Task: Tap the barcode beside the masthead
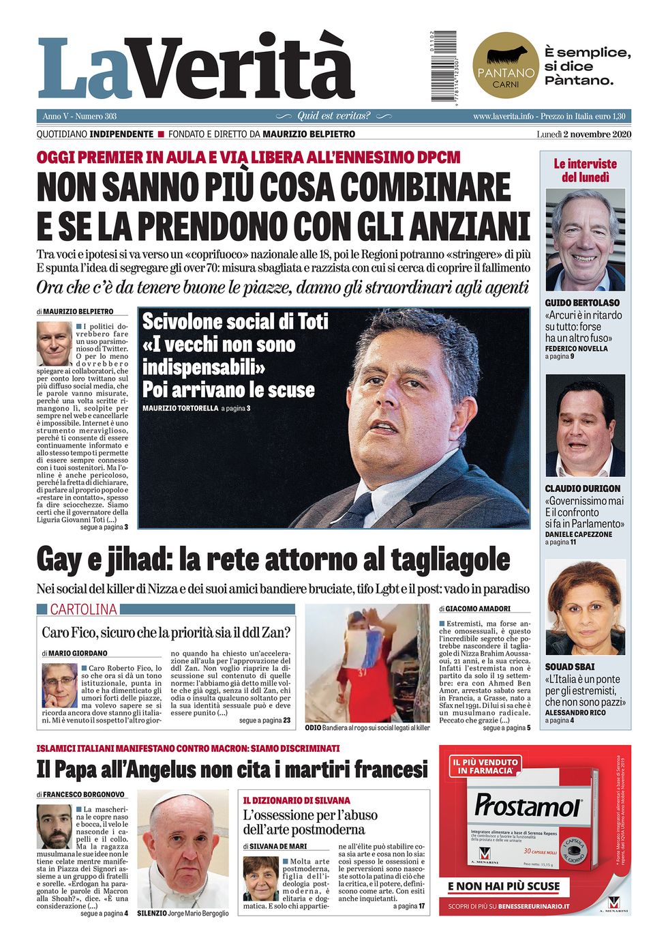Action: (445, 67)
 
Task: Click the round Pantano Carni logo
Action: (505, 67)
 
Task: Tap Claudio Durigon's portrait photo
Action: (585, 426)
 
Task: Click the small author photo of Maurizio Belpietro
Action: (54, 344)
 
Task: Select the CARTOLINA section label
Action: (83, 609)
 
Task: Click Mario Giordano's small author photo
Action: (59, 685)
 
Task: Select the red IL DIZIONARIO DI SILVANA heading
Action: (297, 800)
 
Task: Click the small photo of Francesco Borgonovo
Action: (54, 826)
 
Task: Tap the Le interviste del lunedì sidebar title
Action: (585, 171)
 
